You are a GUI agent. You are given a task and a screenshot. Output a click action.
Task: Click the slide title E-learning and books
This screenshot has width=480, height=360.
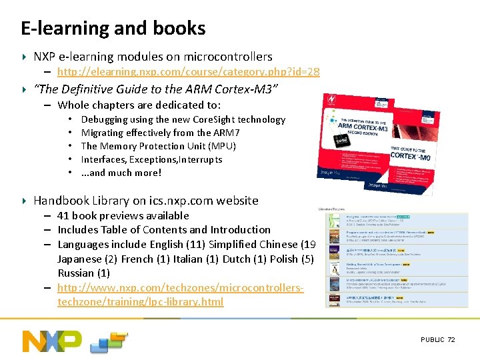point(113,28)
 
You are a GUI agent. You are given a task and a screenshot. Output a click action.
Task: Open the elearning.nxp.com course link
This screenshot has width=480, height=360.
point(189,72)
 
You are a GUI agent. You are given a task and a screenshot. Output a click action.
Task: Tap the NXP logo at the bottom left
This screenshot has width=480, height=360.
point(52,341)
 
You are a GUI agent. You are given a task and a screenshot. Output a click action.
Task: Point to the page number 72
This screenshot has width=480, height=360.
point(451,340)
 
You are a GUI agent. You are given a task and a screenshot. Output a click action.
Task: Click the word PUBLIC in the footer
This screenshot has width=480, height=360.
point(433,340)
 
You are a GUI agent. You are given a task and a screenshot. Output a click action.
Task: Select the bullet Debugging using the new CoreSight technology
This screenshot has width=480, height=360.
point(183,119)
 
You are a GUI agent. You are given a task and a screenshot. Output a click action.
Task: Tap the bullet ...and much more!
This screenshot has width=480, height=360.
point(121,173)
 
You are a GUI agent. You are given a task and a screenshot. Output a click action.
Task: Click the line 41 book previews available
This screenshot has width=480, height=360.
point(123,215)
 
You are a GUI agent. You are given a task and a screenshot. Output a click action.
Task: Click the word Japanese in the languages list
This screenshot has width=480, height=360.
point(79,259)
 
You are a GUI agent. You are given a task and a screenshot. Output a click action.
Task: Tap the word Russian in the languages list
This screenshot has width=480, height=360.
point(75,273)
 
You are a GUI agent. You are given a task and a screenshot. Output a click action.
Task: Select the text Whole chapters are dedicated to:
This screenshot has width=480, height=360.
point(139,105)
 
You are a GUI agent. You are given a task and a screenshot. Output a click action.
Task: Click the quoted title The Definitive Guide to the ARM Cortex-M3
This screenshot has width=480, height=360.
point(156,89)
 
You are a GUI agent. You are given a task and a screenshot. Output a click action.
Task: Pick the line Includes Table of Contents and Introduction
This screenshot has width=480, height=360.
point(164,229)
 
